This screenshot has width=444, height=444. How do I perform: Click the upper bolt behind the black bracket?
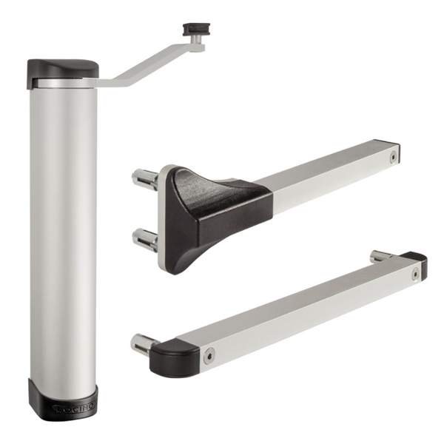145,178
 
